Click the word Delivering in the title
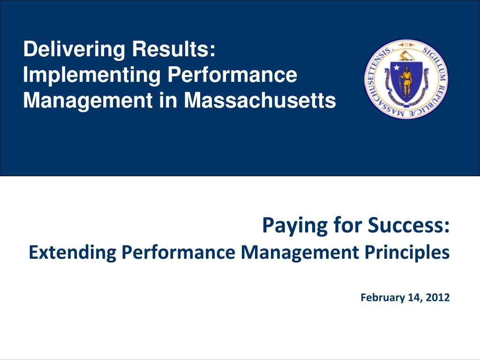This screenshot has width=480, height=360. click(x=75, y=50)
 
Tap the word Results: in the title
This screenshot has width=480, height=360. click(x=174, y=49)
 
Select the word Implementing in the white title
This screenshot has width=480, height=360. click(x=92, y=75)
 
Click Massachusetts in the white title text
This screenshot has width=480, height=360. click(x=260, y=100)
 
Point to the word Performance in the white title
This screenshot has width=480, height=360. click(x=232, y=75)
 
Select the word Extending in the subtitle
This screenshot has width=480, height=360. click(x=73, y=253)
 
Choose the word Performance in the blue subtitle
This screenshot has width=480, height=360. click(x=179, y=252)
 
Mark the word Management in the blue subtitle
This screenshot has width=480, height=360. click(x=300, y=253)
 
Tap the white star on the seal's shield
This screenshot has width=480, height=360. click(x=397, y=67)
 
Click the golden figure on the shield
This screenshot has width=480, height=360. click(x=406, y=81)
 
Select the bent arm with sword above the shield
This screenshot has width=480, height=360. click(x=406, y=56)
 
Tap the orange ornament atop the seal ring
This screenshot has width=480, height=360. click(x=406, y=45)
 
